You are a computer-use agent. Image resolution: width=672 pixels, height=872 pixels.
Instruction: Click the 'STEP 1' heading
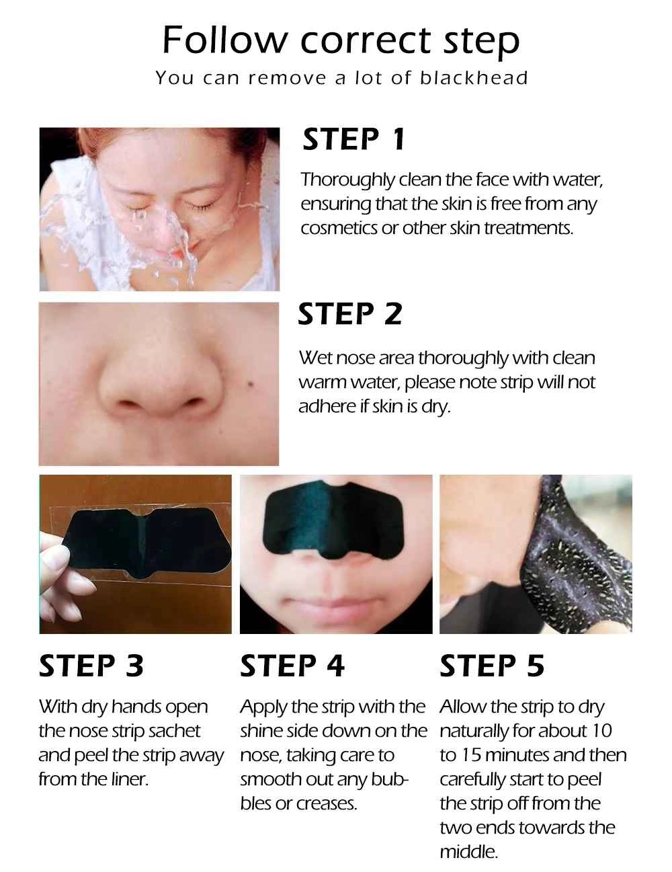353,139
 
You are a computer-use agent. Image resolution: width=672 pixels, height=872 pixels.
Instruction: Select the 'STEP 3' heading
91,666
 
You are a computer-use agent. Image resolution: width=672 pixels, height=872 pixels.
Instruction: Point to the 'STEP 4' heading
292,666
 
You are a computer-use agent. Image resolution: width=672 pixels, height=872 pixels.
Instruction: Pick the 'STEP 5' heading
492,666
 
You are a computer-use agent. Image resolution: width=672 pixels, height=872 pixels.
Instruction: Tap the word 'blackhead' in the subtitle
474,77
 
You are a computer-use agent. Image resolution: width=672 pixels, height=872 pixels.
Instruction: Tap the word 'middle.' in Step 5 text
468,852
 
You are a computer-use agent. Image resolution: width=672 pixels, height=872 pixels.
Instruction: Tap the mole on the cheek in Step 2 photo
251,385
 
